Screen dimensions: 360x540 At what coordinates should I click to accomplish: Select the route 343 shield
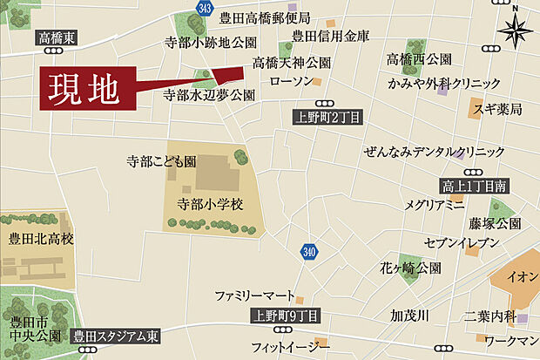click(205, 8)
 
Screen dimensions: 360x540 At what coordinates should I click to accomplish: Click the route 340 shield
click(308, 253)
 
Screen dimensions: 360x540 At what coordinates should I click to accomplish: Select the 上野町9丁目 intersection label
click(285, 316)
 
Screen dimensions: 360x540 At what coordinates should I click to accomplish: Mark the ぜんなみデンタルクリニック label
click(435, 152)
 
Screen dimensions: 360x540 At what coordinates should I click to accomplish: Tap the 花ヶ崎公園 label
click(410, 268)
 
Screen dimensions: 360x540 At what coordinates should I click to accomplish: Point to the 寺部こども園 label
click(161, 161)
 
